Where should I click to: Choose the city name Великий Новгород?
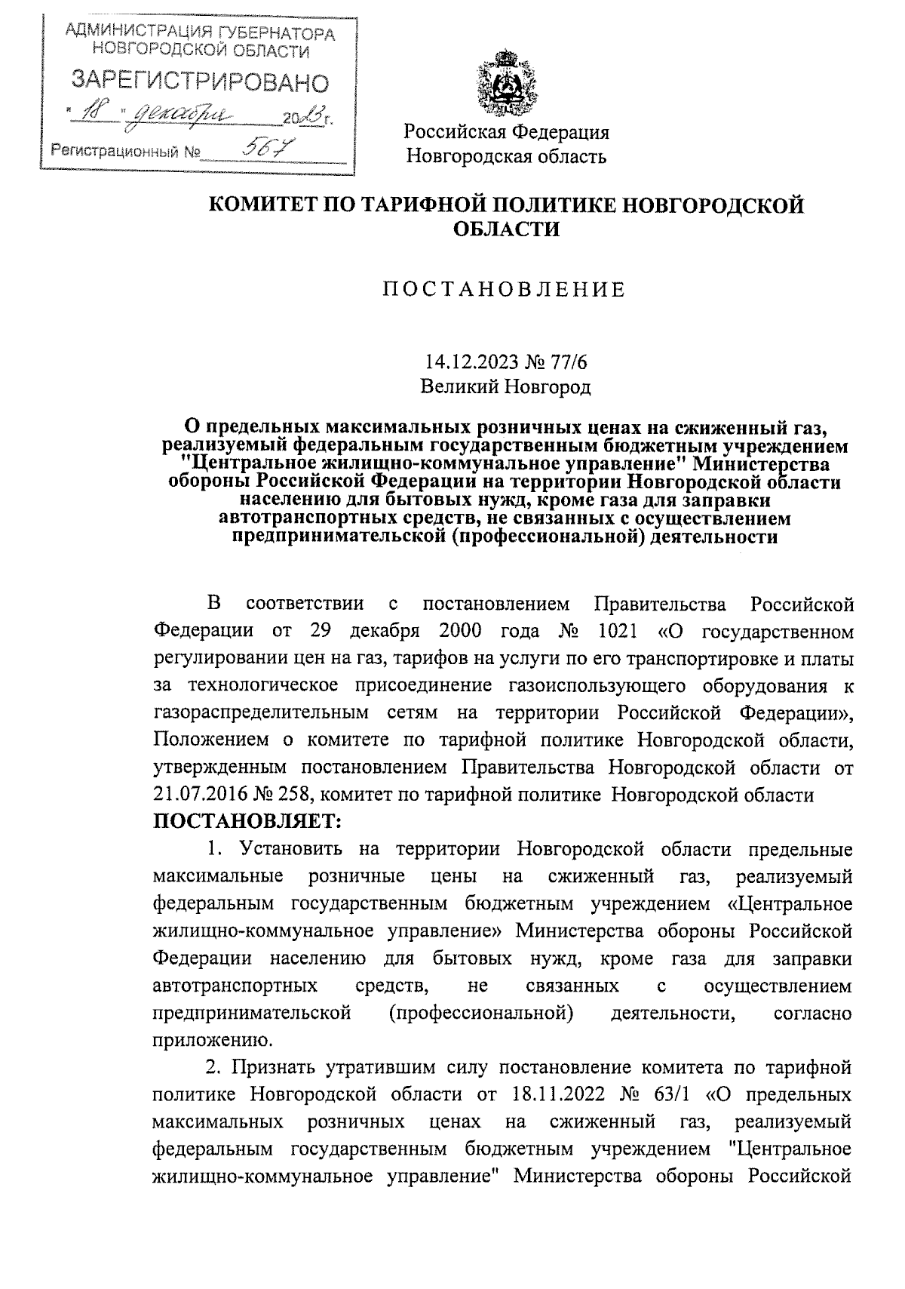pos(505,388)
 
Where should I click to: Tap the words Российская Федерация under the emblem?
pos(506,133)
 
